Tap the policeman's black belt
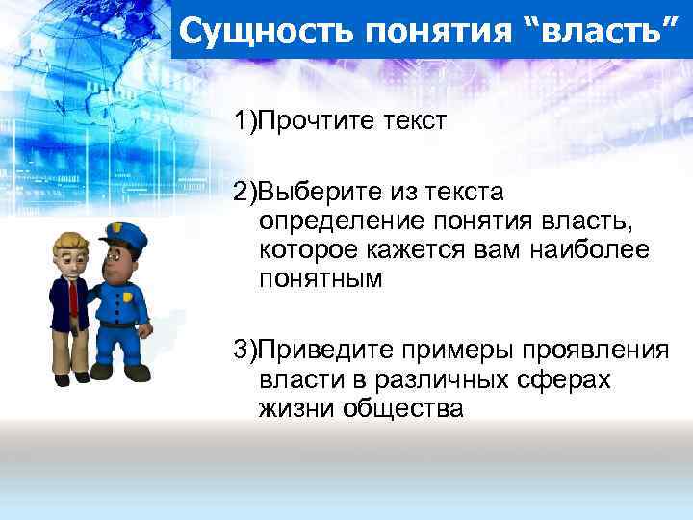[119, 325]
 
